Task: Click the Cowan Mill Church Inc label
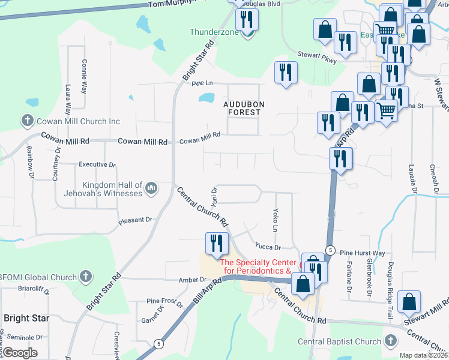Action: point(79,122)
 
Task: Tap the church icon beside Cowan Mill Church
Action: point(27,122)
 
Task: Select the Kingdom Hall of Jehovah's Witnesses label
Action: point(104,190)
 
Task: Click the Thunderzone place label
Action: point(214,32)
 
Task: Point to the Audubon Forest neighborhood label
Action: point(243,108)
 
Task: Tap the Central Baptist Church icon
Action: point(391,341)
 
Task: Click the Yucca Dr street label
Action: point(268,247)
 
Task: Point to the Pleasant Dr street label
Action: point(136,220)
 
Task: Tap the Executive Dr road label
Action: point(97,164)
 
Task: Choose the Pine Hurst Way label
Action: point(362,253)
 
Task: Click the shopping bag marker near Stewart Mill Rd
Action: point(409,302)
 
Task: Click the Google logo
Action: point(20,353)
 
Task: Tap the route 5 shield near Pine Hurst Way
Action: point(330,250)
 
